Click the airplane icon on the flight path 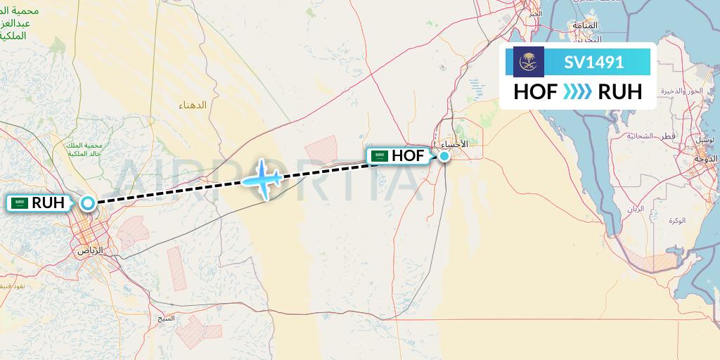[x=263, y=179]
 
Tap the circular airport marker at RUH [x=87, y=203]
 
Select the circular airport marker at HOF [x=444, y=155]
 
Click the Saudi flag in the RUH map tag [x=20, y=203]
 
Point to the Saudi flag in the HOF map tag [x=381, y=156]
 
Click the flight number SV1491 [x=593, y=62]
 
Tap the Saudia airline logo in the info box [x=529, y=62]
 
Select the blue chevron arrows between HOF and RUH [x=577, y=91]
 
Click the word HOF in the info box [x=536, y=91]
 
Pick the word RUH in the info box [x=619, y=91]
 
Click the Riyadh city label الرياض [x=89, y=250]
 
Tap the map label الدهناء [x=193, y=105]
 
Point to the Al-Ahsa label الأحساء [x=454, y=144]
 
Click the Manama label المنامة [x=585, y=25]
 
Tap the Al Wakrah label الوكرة [x=677, y=221]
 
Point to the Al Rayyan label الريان [x=636, y=209]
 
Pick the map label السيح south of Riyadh [x=166, y=318]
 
